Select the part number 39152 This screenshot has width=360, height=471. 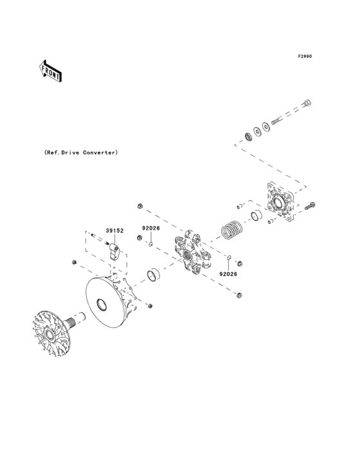point(114,230)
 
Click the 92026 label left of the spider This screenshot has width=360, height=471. point(151,228)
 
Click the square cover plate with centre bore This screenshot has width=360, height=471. point(280,204)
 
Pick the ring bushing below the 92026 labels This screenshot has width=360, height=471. point(154,275)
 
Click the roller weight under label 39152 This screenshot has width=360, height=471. point(115,248)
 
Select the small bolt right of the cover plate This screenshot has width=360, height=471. point(311,206)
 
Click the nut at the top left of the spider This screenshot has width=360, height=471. point(139,206)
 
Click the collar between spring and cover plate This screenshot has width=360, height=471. point(255,214)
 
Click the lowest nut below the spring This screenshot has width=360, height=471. point(239,295)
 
